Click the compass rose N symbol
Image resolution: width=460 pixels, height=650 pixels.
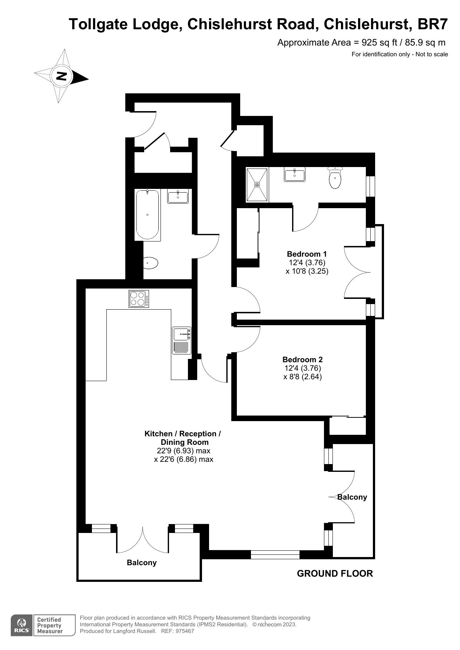tap(61, 76)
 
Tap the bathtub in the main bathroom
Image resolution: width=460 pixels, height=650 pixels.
tap(148, 214)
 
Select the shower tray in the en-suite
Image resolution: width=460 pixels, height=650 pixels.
tap(257, 184)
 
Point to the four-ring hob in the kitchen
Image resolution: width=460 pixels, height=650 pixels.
tap(139, 299)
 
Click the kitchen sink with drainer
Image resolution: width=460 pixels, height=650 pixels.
tap(182, 340)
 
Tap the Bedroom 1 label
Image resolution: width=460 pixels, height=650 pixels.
tap(307, 254)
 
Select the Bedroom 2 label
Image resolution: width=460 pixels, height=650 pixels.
tap(302, 359)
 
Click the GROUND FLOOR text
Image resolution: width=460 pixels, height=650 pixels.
tap(335, 573)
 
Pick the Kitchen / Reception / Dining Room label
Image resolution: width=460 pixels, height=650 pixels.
tap(183, 438)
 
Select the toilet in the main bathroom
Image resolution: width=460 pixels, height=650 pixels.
tap(150, 263)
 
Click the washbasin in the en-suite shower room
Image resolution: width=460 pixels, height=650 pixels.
tap(295, 174)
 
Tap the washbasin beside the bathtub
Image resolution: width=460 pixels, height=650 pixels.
tap(178, 196)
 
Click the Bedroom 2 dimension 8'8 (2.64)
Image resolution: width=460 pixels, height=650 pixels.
tap(302, 377)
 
